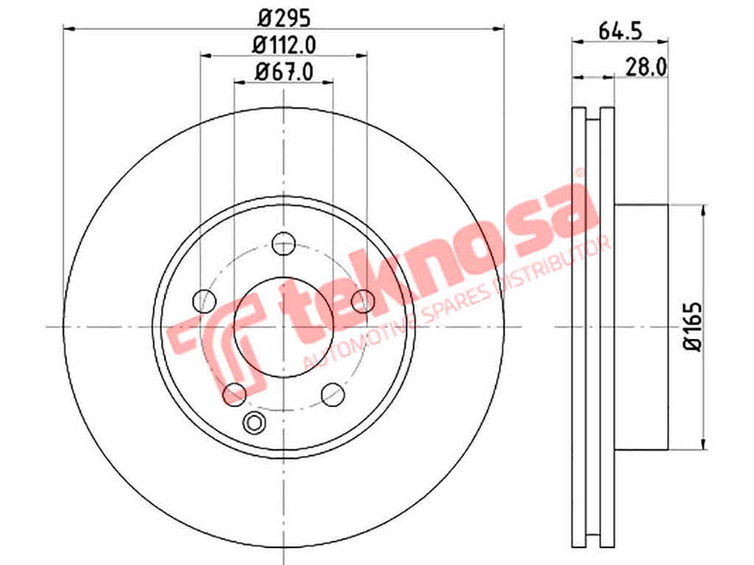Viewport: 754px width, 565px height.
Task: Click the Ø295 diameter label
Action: [x=284, y=18]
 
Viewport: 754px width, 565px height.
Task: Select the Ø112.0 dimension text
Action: [x=284, y=46]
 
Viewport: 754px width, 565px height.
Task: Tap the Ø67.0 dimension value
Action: [x=284, y=72]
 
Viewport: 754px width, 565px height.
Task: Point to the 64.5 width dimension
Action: [x=620, y=32]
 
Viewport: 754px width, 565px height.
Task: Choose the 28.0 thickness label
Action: [x=646, y=68]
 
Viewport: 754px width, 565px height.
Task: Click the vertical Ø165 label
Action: [x=693, y=326]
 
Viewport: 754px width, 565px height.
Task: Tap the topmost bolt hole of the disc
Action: [x=283, y=244]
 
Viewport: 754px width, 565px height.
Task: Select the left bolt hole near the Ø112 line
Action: [x=204, y=301]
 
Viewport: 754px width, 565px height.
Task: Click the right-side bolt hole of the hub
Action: [x=363, y=301]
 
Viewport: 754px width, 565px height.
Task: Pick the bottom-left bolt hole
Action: [x=235, y=394]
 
